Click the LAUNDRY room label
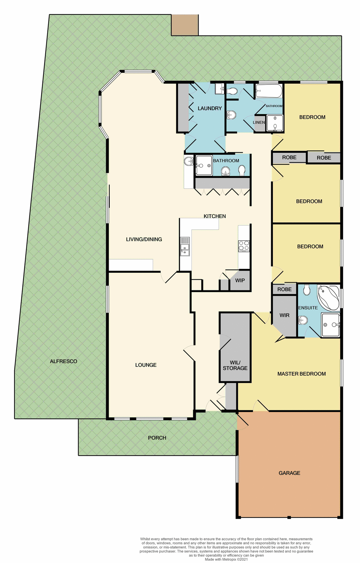209,108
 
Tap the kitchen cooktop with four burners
244,246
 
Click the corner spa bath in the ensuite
328,297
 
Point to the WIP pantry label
240,280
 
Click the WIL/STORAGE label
235,365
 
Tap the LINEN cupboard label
259,122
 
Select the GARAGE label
289,473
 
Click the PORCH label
157,438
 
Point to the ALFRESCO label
63,361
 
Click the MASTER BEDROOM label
301,374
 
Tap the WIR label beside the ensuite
284,315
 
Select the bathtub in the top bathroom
268,91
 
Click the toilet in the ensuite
307,290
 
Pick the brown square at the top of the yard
185,25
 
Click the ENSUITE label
308,308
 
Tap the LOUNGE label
146,365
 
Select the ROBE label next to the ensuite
284,289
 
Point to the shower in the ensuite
331,325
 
